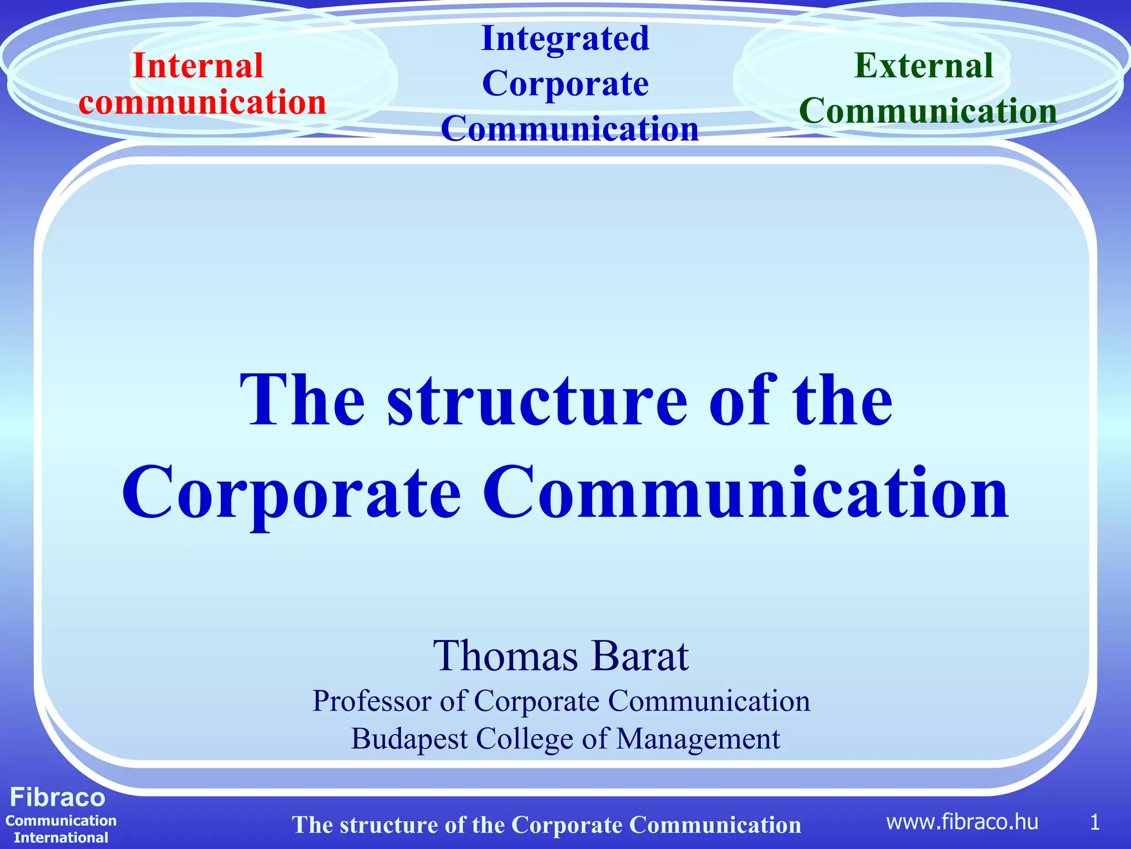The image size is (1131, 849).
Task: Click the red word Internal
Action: click(x=198, y=66)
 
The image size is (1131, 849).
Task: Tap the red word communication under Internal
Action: click(x=202, y=103)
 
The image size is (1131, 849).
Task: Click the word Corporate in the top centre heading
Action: click(x=565, y=84)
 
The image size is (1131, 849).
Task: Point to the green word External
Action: click(x=923, y=66)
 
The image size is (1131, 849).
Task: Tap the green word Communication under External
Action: click(x=928, y=111)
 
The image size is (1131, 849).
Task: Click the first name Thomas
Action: click(x=505, y=656)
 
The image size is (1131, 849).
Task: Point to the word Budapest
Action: click(x=409, y=739)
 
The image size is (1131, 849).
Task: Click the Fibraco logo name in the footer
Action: click(x=57, y=798)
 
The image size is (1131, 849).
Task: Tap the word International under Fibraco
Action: click(x=61, y=837)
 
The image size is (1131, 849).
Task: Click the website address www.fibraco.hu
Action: click(x=962, y=822)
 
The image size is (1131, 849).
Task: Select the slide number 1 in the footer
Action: click(x=1095, y=822)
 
